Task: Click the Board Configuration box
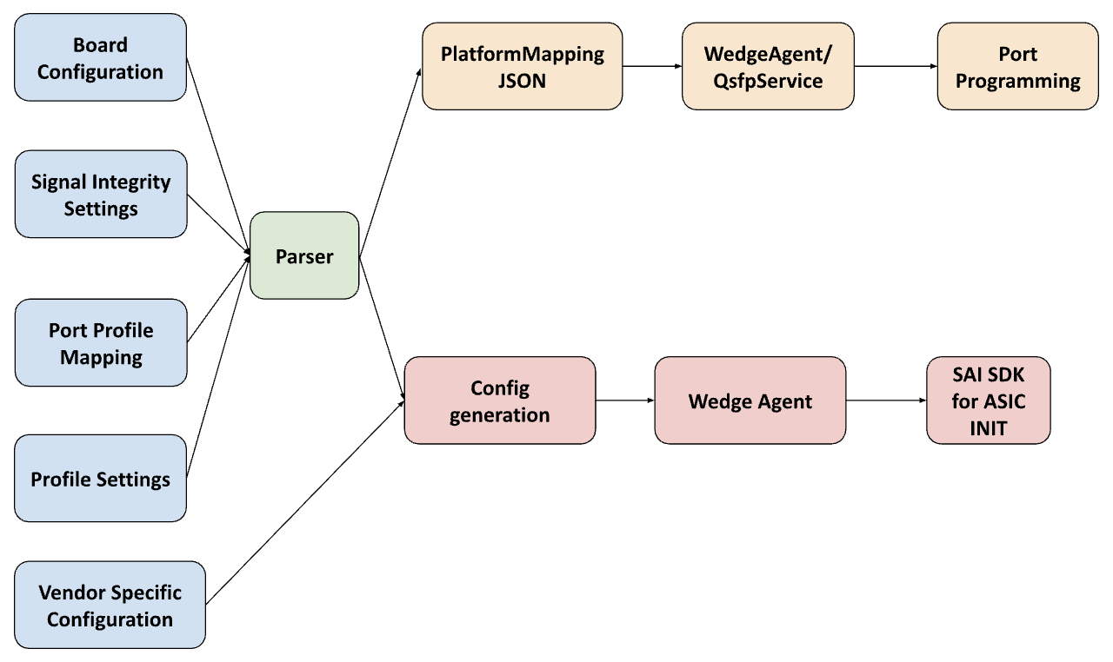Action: tap(100, 58)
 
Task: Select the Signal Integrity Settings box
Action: tap(100, 195)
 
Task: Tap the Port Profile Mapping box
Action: tap(100, 343)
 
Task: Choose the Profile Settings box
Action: tap(100, 479)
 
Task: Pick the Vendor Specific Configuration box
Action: tap(110, 606)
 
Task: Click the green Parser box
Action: tap(304, 256)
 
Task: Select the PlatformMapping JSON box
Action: tap(522, 67)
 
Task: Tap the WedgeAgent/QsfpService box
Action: tap(768, 67)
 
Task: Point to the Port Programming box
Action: tap(1017, 67)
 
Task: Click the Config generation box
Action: tap(500, 401)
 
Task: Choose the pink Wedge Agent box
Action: tap(750, 401)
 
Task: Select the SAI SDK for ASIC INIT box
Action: tap(988, 401)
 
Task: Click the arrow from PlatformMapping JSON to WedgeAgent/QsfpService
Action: tap(652, 66)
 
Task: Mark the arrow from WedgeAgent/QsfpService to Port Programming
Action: tap(896, 66)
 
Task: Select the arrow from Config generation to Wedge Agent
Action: tap(625, 401)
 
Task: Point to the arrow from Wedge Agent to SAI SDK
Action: tap(886, 401)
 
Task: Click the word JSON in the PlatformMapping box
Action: tap(522, 81)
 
